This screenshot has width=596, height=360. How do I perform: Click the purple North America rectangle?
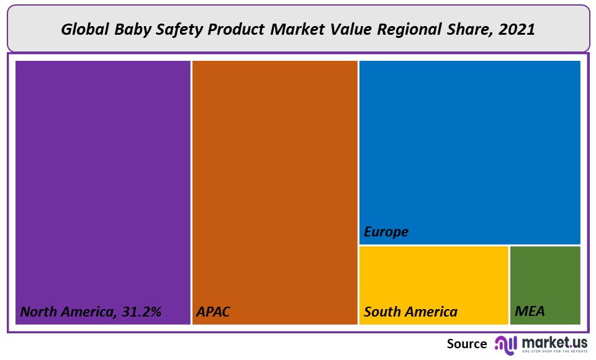[102, 186]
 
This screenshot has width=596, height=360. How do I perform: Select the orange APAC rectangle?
[274, 186]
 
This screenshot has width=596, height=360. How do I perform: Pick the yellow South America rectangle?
[433, 279]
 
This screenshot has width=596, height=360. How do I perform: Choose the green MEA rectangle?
[545, 279]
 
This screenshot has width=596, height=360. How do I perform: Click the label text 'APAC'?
[213, 312]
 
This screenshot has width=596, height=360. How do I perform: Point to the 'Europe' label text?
[386, 232]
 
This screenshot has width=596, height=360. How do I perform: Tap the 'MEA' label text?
[530, 312]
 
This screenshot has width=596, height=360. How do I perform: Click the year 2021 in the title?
[517, 29]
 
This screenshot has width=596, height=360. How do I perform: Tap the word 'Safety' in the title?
[172, 29]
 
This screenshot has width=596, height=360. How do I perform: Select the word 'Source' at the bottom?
[467, 344]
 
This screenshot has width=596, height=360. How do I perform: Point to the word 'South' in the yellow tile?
[382, 312]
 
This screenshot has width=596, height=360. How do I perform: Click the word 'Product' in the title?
[228, 29]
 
